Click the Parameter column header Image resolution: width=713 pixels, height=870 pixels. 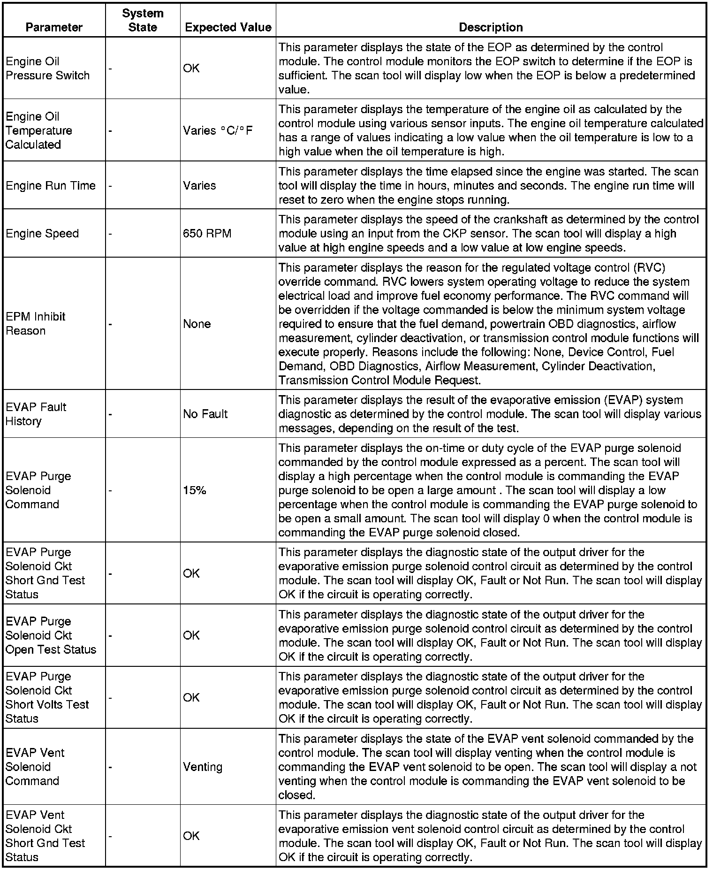54,27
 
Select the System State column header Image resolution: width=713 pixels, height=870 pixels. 143,20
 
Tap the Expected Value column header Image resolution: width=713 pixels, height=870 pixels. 228,27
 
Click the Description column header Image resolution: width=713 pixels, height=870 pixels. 491,27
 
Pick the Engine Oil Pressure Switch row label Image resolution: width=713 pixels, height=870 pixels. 47,69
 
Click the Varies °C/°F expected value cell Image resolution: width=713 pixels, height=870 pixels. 218,130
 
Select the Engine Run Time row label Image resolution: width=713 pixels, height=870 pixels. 51,186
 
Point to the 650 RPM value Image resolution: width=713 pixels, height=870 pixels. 207,234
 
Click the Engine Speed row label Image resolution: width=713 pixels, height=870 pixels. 42,234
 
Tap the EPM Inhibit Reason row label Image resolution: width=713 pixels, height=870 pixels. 36,324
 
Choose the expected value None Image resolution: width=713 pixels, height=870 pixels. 197,324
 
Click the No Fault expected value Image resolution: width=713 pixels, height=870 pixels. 205,414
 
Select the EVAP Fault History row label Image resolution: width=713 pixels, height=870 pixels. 36,414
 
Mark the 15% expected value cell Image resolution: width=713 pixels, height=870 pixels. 194,490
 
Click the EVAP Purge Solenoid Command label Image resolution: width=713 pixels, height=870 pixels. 38,490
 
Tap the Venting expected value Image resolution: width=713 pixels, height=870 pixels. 203,767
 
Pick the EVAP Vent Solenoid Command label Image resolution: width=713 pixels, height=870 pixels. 35,767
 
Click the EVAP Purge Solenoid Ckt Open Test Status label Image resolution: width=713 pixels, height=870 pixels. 51,635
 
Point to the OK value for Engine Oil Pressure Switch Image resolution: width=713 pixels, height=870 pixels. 191,69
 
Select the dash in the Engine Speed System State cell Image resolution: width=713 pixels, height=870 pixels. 110,234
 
